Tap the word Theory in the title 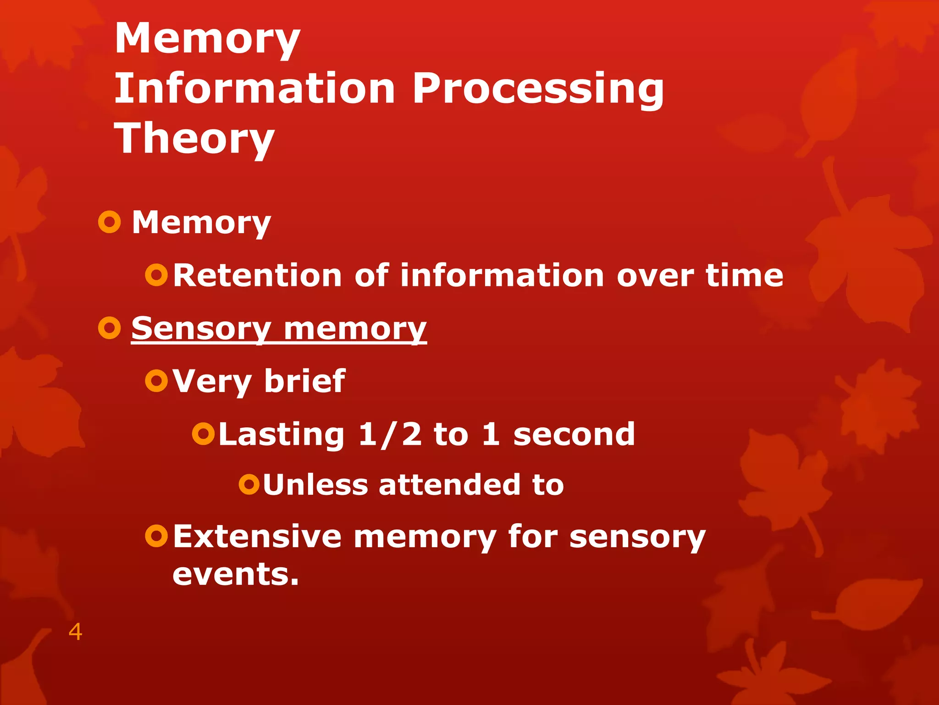pyautogui.click(x=194, y=139)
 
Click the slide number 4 pyautogui.click(x=75, y=632)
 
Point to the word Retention pyautogui.click(x=257, y=275)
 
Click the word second pyautogui.click(x=574, y=434)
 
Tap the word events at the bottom pyautogui.click(x=235, y=574)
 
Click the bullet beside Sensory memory pyautogui.click(x=110, y=328)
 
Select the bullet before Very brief pyautogui.click(x=156, y=380)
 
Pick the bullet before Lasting pyautogui.click(x=203, y=434)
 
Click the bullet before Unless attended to pyautogui.click(x=249, y=485)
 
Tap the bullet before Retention pyautogui.click(x=156, y=275)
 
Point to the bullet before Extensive pyautogui.click(x=156, y=536)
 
